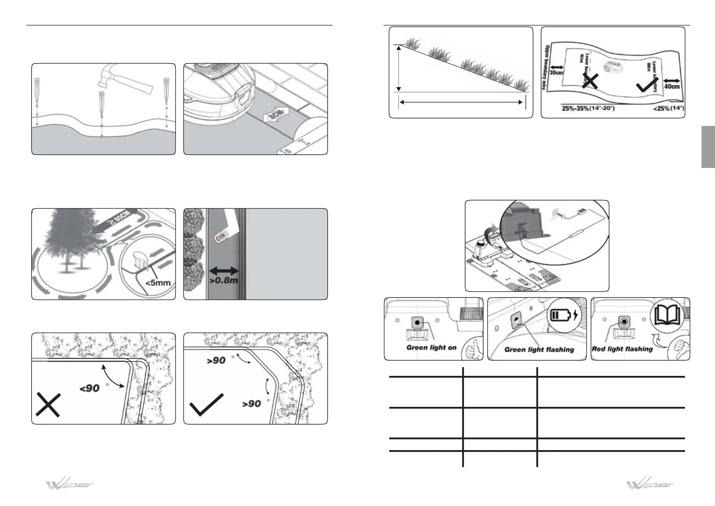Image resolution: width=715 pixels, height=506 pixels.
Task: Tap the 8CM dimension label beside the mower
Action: point(276,115)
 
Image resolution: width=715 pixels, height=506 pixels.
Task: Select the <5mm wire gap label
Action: point(158,283)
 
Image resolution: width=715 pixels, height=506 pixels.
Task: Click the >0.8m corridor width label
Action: point(224,280)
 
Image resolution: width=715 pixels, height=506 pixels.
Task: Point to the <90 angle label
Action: point(90,388)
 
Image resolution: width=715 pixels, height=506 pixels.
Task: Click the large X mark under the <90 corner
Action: point(48,404)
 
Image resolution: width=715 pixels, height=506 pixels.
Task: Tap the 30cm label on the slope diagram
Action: point(556,73)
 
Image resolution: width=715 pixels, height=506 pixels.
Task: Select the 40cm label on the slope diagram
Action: point(672,86)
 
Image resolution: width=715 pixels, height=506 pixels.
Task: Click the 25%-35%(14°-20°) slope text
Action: point(588,109)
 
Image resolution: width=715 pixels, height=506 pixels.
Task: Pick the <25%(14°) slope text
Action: point(668,109)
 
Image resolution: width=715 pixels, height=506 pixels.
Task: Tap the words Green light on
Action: point(431,347)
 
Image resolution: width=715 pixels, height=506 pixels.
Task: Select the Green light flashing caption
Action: point(539,349)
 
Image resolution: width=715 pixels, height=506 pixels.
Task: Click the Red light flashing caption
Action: point(622,349)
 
